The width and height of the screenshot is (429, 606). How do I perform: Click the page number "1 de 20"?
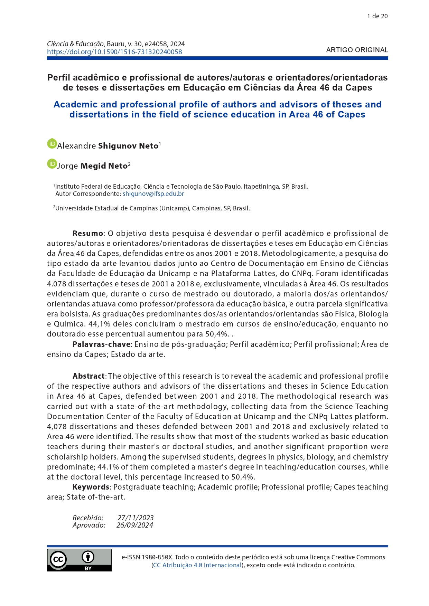(377, 16)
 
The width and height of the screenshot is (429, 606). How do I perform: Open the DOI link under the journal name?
(114, 52)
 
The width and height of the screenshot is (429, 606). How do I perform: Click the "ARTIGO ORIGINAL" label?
(357, 50)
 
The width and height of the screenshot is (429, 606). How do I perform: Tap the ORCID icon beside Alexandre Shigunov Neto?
(52, 144)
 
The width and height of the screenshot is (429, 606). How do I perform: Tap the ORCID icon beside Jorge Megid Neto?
(52, 164)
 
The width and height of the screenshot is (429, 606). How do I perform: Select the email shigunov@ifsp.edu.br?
(153, 194)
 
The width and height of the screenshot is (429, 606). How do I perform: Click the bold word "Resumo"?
(88, 234)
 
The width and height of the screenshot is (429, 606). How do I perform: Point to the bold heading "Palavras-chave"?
(101, 344)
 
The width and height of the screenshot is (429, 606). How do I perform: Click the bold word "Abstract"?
(88, 376)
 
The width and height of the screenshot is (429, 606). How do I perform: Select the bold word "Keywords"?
(91, 487)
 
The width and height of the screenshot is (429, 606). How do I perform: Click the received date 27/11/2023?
(136, 518)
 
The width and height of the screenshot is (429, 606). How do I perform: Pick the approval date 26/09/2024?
(135, 525)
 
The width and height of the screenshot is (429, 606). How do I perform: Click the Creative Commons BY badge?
(79, 560)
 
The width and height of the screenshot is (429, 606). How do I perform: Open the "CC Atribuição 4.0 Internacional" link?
(197, 565)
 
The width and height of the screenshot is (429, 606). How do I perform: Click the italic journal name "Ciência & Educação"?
(75, 44)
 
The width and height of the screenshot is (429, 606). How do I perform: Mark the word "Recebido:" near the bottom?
(88, 518)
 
